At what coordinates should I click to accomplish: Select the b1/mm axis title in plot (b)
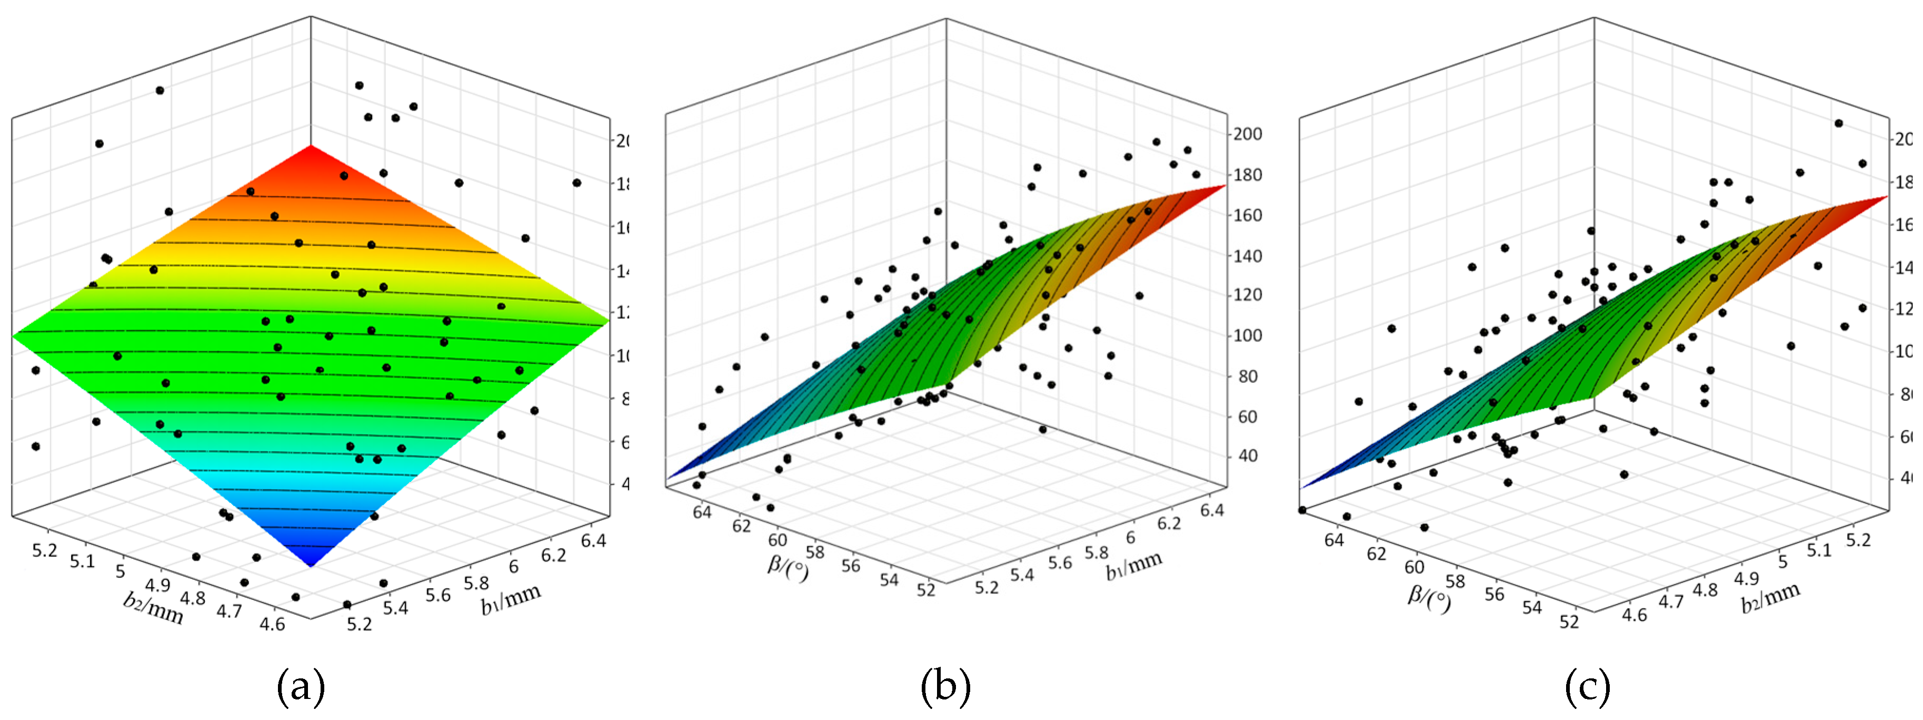(1134, 565)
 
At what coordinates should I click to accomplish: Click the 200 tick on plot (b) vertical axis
(1248, 134)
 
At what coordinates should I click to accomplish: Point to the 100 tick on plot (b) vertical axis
(1248, 336)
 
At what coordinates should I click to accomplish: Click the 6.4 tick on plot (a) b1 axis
(593, 539)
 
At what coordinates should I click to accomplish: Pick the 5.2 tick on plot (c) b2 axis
(1858, 539)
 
